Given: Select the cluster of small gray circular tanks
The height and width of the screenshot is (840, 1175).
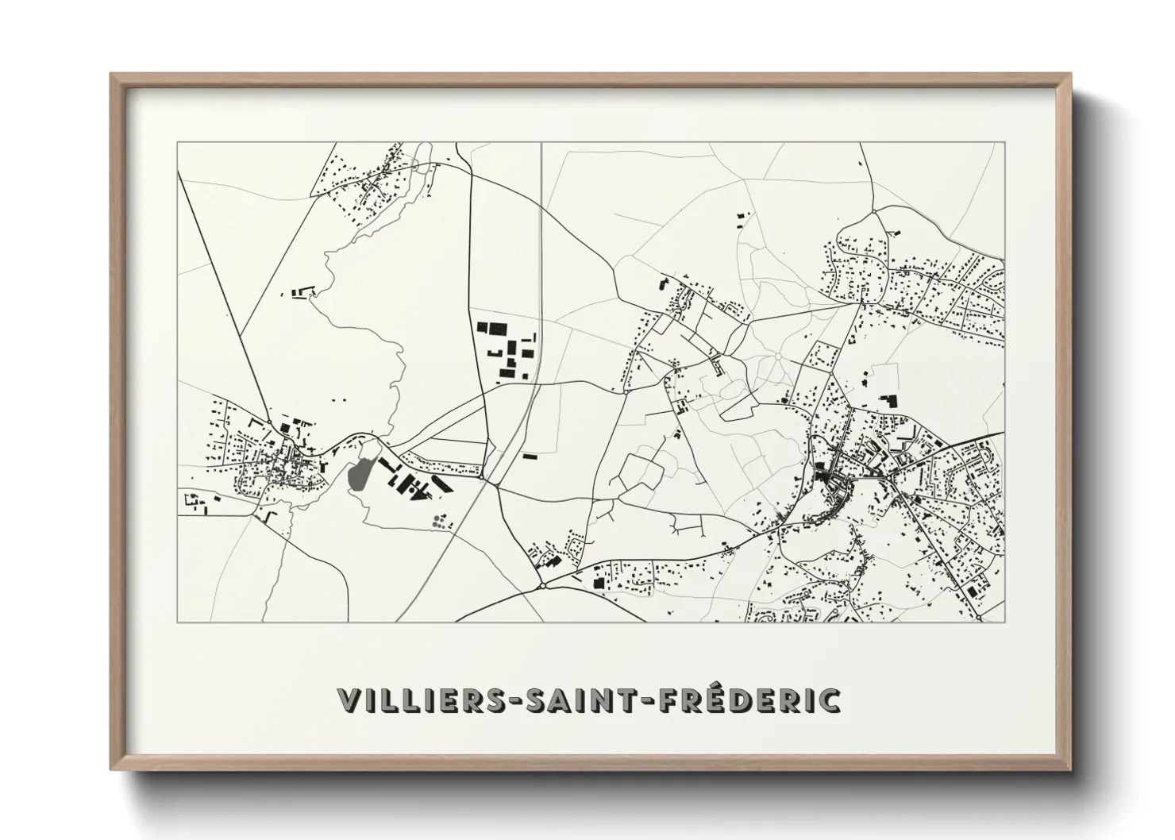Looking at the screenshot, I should (439, 521).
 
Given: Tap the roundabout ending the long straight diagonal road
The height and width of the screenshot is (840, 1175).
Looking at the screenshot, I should (270, 422).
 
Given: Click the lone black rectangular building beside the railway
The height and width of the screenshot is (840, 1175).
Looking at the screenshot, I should (530, 457).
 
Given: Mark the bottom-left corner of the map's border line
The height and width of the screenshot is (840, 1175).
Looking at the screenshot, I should (177, 622).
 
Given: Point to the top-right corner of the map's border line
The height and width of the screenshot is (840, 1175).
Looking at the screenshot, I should (1004, 142).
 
